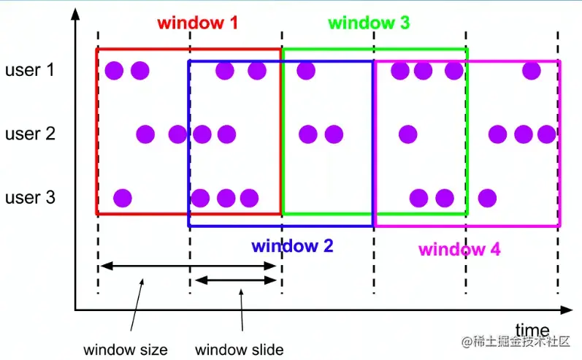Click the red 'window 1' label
(198, 23)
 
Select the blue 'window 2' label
(292, 246)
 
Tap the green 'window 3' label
(369, 23)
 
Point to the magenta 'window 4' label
(459, 249)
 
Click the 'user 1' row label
(29, 71)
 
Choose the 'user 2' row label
(29, 134)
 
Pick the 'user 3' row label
(29, 198)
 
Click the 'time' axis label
(532, 329)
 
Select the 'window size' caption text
(125, 350)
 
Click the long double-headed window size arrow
(188, 267)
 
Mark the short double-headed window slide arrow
(235, 280)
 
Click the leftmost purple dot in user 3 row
(123, 198)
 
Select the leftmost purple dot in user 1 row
(113, 71)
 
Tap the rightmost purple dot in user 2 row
(546, 134)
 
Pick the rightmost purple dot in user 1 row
(532, 71)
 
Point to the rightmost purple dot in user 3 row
(487, 198)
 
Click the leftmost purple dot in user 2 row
(145, 134)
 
